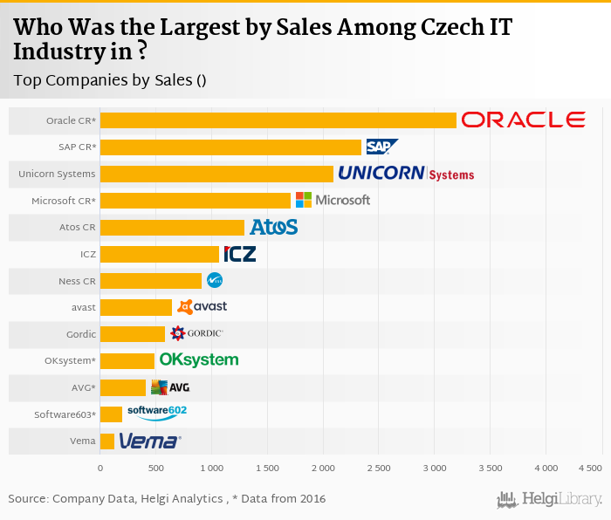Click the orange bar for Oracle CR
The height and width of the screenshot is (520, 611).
click(x=278, y=120)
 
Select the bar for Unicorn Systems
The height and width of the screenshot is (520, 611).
click(x=216, y=174)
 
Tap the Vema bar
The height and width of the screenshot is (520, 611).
click(x=107, y=441)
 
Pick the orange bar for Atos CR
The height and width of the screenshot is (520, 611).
click(x=172, y=227)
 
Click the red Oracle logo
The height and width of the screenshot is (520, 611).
click(x=522, y=120)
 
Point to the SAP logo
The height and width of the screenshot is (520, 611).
click(x=381, y=147)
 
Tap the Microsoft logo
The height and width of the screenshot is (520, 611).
click(x=333, y=200)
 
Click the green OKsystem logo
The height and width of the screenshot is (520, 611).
click(x=198, y=359)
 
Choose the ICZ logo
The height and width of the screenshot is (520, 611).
click(x=240, y=254)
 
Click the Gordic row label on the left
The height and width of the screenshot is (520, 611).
click(x=78, y=334)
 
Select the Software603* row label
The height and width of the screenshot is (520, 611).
click(x=65, y=414)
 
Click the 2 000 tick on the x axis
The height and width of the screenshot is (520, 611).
click(x=323, y=469)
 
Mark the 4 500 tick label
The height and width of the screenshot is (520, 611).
click(x=590, y=469)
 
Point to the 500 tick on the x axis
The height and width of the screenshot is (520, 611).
click(x=156, y=469)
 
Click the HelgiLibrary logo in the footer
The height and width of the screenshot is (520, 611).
click(x=550, y=499)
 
